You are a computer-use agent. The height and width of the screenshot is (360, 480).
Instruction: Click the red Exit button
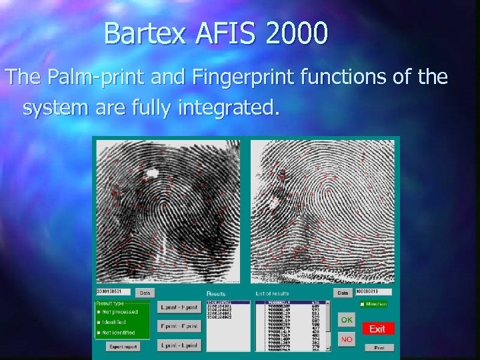click(378, 329)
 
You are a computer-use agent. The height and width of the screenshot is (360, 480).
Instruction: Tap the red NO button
click(347, 339)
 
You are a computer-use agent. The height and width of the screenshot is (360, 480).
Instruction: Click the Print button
click(379, 347)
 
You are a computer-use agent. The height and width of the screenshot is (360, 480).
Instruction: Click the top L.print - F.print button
click(178, 308)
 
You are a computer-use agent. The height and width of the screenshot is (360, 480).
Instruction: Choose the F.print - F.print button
click(178, 326)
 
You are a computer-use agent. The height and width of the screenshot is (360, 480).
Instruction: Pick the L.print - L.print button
click(178, 345)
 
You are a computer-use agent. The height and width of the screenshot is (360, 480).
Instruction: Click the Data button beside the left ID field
click(144, 293)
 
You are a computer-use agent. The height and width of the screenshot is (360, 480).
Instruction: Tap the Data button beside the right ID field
click(343, 293)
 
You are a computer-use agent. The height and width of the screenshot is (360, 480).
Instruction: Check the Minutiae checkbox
click(362, 305)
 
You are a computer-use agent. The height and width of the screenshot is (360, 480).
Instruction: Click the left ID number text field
click(113, 292)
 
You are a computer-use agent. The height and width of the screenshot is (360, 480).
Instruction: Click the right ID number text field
click(373, 292)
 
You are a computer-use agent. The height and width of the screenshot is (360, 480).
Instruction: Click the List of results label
click(272, 293)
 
